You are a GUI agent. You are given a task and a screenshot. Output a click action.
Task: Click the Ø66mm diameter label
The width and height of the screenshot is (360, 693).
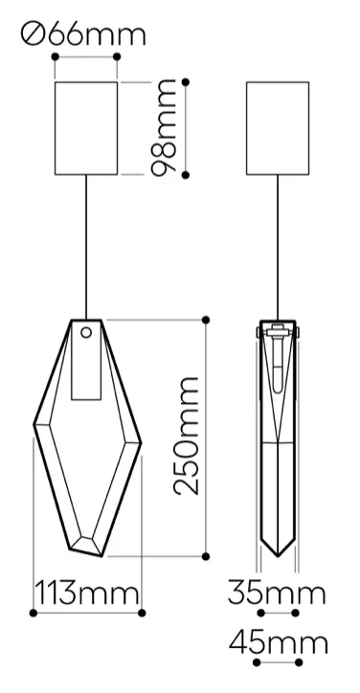[x=82, y=35]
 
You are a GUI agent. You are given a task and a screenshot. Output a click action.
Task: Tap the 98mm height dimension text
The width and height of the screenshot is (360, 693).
[x=163, y=127]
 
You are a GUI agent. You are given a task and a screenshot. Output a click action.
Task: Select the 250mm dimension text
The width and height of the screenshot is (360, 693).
[x=186, y=436]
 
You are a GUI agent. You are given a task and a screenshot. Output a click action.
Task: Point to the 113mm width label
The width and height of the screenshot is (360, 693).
[x=86, y=593]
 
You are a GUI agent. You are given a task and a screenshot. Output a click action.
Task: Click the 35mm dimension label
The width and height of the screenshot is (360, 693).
[x=277, y=593]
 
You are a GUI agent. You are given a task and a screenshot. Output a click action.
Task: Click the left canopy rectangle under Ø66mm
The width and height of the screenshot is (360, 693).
[x=86, y=128]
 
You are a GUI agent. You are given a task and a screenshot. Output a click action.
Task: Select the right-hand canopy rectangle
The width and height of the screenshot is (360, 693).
[x=278, y=128]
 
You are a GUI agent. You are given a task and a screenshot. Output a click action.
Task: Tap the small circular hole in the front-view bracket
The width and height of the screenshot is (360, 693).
[x=86, y=332]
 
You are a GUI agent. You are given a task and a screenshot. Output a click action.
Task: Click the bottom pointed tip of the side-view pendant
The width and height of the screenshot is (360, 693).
[x=278, y=555]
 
